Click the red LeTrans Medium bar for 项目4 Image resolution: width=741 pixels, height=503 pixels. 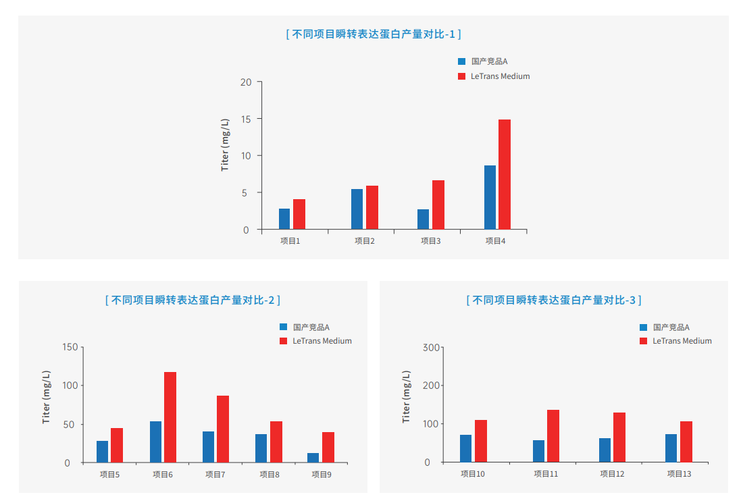[505, 175]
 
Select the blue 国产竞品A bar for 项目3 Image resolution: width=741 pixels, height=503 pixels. [423, 219]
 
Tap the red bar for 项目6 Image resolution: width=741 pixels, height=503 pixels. [170, 417]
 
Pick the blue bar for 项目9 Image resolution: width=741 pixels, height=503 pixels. [313, 458]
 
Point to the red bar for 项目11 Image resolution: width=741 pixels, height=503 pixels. [553, 436]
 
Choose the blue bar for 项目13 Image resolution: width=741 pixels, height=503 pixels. [671, 448]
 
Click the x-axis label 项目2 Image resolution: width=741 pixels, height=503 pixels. [365, 241]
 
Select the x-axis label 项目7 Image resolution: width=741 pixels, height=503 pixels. [215, 475]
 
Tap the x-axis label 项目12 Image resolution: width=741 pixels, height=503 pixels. [612, 474]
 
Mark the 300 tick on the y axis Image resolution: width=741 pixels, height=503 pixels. [431, 347]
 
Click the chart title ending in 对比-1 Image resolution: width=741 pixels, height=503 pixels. [374, 34]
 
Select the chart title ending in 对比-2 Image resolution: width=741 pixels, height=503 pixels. [193, 300]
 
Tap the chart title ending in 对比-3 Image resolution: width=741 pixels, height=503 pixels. [554, 300]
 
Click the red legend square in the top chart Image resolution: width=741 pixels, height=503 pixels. [462, 76]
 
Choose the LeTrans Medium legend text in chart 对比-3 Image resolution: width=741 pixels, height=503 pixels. [682, 341]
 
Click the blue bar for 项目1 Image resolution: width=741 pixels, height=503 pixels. [284, 219]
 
